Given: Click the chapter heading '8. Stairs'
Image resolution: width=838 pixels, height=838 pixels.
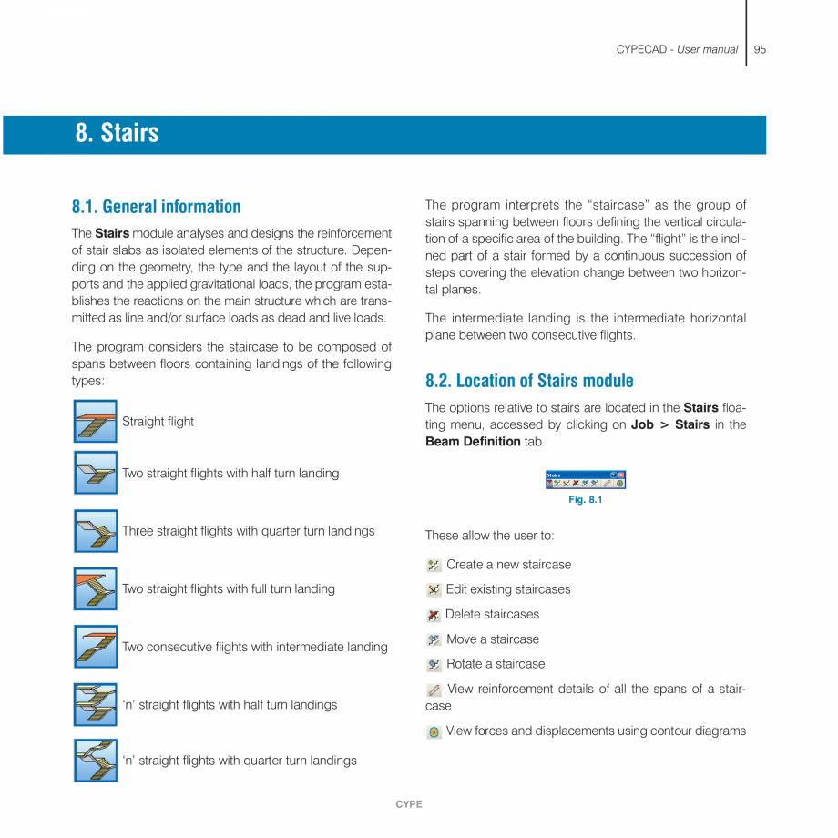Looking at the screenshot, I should click(x=117, y=133).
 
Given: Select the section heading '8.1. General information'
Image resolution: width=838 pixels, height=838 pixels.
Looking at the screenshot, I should click(x=156, y=207).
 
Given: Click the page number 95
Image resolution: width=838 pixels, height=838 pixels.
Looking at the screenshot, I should click(x=760, y=49).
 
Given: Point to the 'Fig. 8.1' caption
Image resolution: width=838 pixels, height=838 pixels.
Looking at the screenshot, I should click(x=585, y=500).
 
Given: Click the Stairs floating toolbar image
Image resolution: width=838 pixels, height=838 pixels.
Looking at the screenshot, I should click(x=585, y=480).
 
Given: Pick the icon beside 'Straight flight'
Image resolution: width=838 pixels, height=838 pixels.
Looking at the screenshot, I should click(x=96, y=422).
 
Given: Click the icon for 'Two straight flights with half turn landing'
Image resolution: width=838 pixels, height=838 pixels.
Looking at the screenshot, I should click(x=96, y=473).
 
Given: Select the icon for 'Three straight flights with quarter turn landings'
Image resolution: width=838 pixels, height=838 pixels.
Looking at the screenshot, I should click(x=96, y=531).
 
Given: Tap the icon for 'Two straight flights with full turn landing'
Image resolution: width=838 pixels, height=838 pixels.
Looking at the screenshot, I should click(x=96, y=588).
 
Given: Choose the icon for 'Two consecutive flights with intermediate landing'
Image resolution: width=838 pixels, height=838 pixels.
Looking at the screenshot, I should click(x=96, y=647).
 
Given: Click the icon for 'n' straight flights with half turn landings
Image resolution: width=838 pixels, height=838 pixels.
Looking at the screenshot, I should click(x=96, y=704).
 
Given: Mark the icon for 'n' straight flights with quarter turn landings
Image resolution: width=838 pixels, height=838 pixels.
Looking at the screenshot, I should click(x=96, y=761).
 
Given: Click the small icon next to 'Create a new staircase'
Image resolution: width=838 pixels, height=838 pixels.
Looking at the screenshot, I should click(x=434, y=566).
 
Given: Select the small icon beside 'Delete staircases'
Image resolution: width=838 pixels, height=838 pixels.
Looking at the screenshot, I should click(x=434, y=616).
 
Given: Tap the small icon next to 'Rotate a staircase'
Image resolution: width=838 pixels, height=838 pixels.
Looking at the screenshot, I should click(x=434, y=665).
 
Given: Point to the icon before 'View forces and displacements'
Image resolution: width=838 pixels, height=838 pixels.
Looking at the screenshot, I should click(x=434, y=731).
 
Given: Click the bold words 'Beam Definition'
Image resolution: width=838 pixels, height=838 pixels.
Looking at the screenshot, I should click(x=473, y=442).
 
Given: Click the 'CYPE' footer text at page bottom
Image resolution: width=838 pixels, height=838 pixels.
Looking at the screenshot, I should click(x=408, y=804).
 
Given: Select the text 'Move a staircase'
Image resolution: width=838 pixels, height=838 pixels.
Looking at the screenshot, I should click(x=492, y=639).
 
